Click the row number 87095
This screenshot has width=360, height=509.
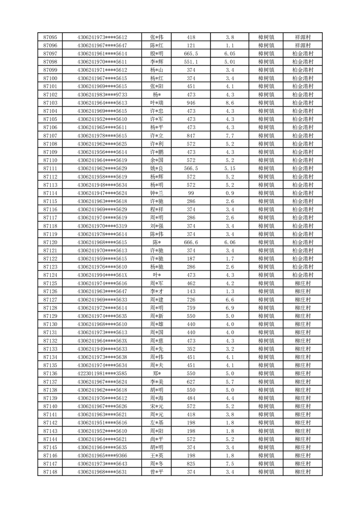50,37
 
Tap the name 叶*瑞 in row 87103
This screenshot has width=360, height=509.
157,103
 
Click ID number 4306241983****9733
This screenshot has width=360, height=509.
102,95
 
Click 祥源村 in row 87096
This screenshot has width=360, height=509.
302,45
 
